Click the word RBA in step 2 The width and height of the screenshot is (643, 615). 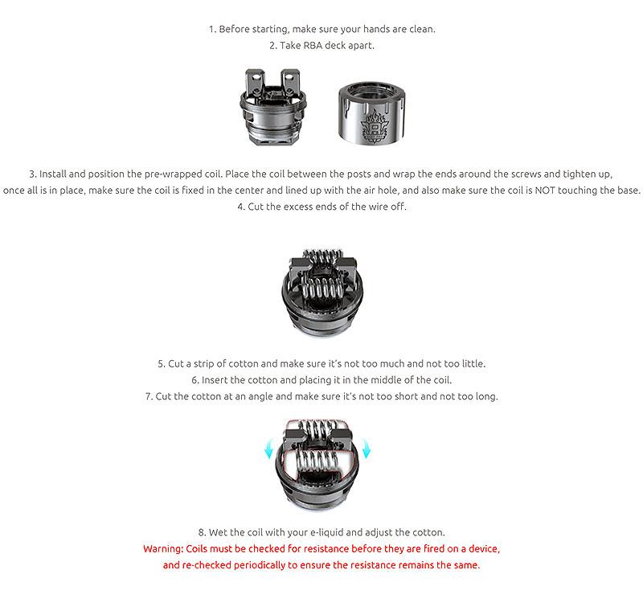click(x=313, y=46)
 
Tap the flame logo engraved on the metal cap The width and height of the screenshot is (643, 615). click(x=374, y=126)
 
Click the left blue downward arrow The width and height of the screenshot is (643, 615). click(x=268, y=448)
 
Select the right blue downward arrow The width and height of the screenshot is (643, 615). click(x=366, y=448)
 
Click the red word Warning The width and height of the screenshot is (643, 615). click(x=163, y=549)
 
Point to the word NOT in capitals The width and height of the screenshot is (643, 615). click(x=545, y=191)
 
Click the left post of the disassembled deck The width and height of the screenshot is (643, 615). click(x=255, y=83)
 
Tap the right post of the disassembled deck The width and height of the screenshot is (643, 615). click(x=290, y=83)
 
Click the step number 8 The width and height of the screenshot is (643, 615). click(x=202, y=532)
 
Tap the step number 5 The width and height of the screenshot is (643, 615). click(x=162, y=364)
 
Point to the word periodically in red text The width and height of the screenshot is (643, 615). click(x=259, y=565)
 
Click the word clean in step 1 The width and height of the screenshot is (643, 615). click(x=422, y=29)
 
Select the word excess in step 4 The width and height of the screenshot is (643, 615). click(x=297, y=207)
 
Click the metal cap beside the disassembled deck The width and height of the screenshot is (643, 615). click(x=372, y=113)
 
